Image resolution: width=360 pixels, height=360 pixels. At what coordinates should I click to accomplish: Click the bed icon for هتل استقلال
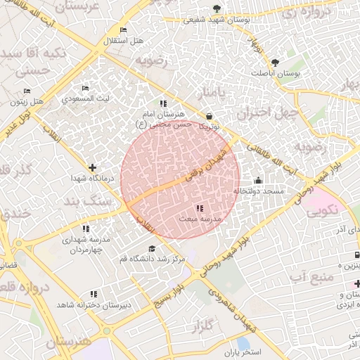click(x=124, y=30)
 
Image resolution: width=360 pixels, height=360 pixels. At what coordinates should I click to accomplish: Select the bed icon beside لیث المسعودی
click(x=85, y=89)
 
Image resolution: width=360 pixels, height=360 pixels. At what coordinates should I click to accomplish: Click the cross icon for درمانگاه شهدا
click(x=92, y=167)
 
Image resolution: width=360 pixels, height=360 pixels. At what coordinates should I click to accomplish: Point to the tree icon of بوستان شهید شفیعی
click(x=216, y=9)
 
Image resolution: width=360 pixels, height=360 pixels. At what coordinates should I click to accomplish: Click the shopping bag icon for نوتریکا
click(x=209, y=116)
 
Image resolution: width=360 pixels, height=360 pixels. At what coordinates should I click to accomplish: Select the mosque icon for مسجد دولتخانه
click(x=258, y=180)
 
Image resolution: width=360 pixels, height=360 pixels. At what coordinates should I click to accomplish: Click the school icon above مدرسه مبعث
click(x=200, y=208)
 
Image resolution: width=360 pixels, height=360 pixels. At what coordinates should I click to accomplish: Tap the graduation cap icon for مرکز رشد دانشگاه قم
click(x=153, y=248)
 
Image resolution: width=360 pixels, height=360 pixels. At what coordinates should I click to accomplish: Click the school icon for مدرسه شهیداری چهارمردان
click(x=85, y=229)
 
